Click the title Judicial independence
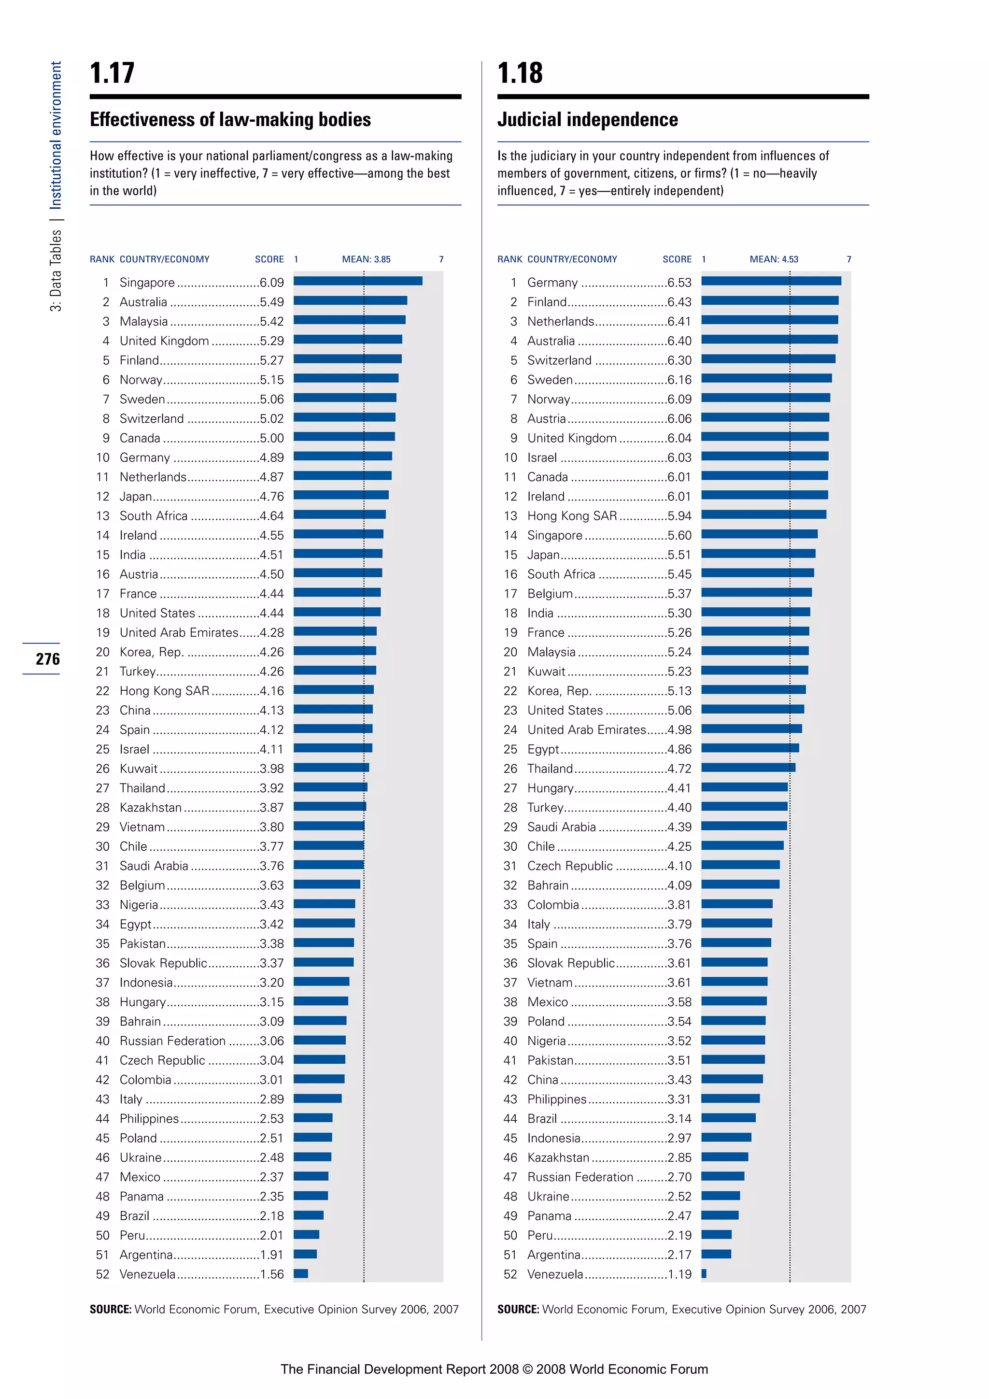pos(587,119)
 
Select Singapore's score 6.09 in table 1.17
pos(271,283)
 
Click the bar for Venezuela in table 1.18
pos(704,1273)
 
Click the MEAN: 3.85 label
pos(366,259)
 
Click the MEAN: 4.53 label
pos(774,259)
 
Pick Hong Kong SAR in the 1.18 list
pos(572,516)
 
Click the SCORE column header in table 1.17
pos(269,259)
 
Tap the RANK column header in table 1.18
pos(510,259)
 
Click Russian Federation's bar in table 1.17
pos(320,1040)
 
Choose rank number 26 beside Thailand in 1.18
pos(510,769)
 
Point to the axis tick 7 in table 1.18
pos(848,259)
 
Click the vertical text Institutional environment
pos(56,135)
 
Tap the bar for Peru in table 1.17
pos(306,1234)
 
